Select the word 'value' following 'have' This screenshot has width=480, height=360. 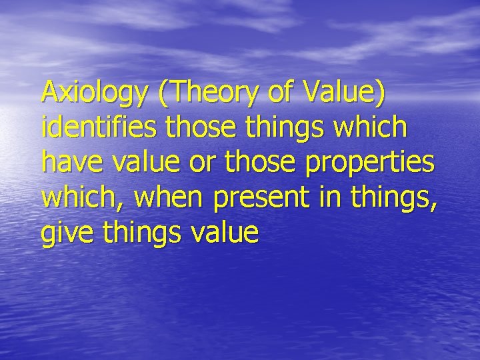click(x=136, y=162)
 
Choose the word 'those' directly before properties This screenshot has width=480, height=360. click(x=245, y=162)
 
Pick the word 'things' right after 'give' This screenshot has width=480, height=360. click(x=132, y=234)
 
